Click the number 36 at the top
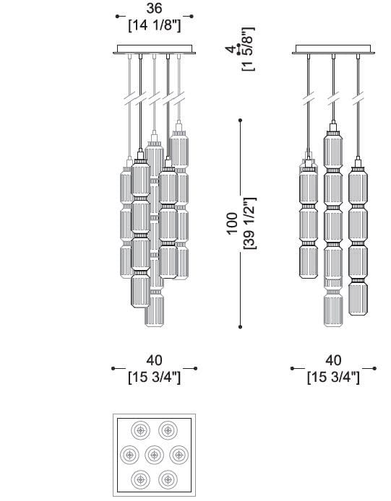[154, 9]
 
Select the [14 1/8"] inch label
[155, 25]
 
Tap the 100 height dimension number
[232, 224]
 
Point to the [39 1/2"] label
[250, 224]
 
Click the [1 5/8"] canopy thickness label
[249, 49]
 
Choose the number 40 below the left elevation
[155, 360]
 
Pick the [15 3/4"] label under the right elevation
[333, 378]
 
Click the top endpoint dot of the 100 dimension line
[240, 121]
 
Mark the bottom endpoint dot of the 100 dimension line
[240, 327]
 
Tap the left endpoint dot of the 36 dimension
[117, 17]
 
